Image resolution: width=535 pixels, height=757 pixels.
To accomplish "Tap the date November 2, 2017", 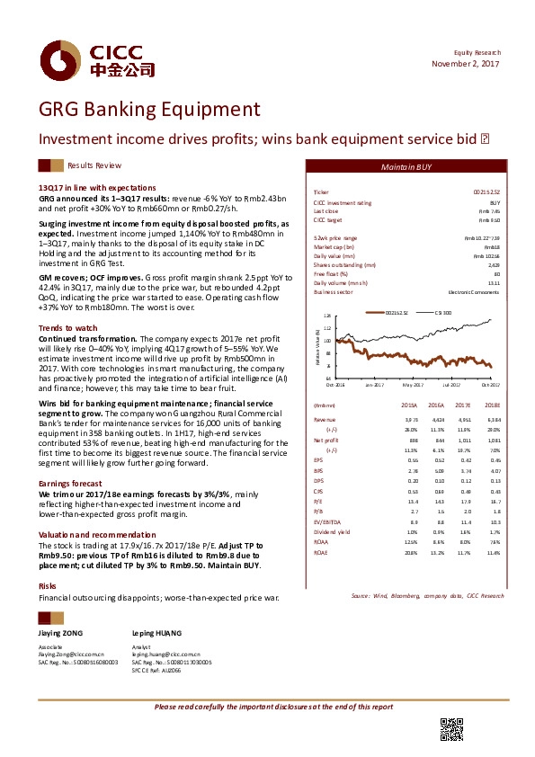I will coord(466,64).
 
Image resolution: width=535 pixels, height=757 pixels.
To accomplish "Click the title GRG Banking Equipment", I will coord(149,111).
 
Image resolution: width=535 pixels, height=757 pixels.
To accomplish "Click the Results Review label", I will coord(94,166).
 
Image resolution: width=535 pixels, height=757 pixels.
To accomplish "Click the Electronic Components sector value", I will coord(474,292).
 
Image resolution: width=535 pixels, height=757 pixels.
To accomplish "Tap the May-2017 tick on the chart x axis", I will coord(413,385).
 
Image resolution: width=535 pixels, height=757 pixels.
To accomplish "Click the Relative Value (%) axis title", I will coord(318,347).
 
